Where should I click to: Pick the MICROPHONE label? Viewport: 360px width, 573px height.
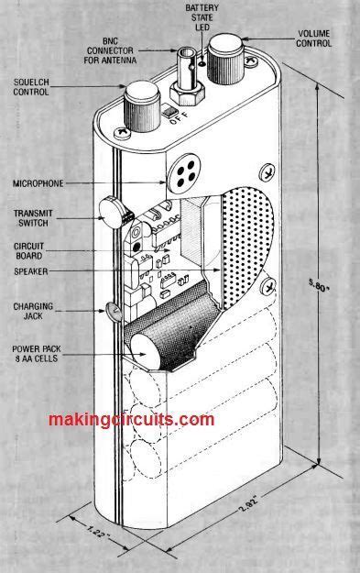38,183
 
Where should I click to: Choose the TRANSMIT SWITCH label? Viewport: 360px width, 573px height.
34,218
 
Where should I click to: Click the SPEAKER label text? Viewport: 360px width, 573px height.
35,272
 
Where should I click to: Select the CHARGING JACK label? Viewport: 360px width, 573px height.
35,312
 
